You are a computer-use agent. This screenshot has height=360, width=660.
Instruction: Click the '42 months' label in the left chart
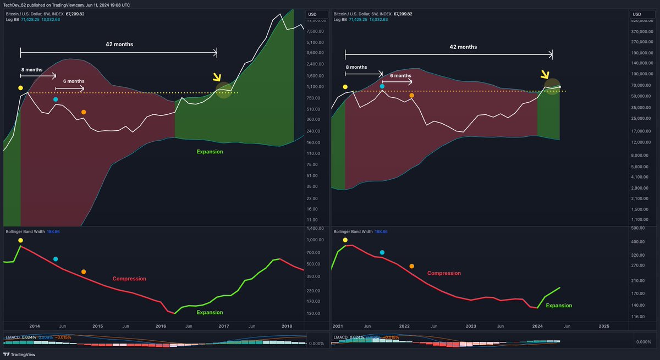tap(119, 44)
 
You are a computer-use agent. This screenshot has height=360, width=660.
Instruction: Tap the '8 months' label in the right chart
tap(356, 67)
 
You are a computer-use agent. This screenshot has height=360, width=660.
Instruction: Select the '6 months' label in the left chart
tap(70, 81)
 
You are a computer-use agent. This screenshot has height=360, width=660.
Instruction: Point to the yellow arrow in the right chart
tap(545, 75)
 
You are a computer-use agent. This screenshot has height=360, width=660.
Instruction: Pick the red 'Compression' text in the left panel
tap(129, 279)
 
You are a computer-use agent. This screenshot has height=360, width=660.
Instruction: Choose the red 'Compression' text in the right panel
tap(444, 273)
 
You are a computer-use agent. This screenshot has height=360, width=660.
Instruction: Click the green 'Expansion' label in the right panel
tap(559, 306)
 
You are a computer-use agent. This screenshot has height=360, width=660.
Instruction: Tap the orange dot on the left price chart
tap(84, 112)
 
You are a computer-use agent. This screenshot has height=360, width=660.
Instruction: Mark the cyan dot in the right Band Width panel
tap(382, 252)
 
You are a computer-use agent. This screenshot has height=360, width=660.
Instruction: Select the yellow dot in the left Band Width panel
tap(20, 240)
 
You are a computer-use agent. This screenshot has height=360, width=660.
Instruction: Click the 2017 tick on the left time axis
tap(223, 326)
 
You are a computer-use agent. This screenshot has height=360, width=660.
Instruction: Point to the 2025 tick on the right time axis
tap(604, 326)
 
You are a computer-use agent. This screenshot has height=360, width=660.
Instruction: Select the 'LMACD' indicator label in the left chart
tap(13, 337)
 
